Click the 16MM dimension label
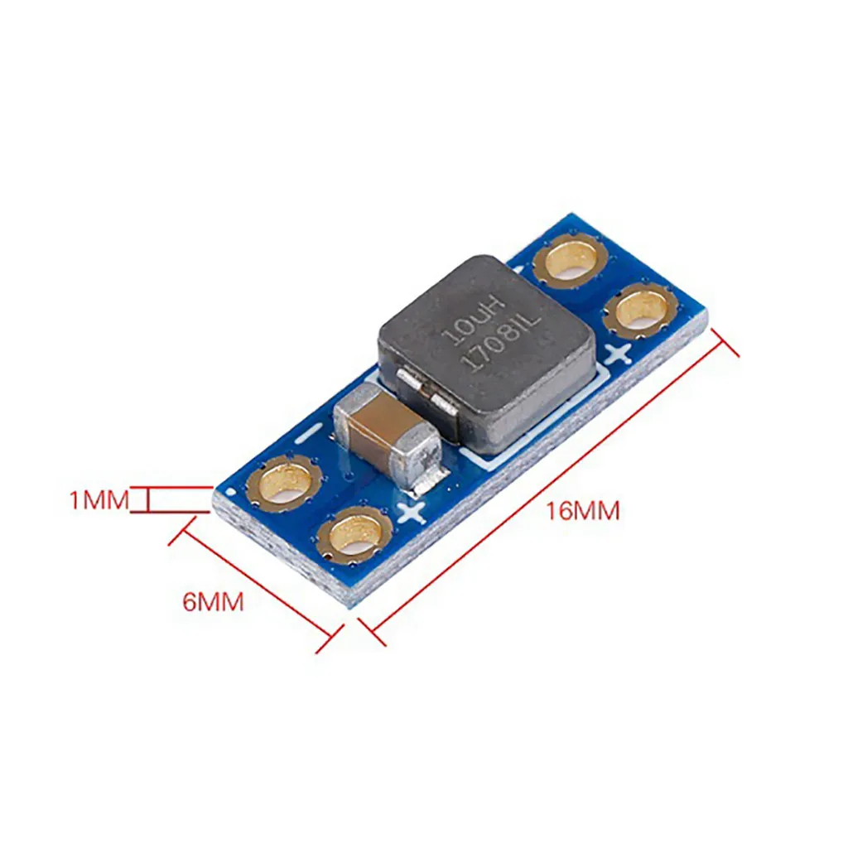pyautogui.click(x=582, y=511)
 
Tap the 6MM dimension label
pyautogui.click(x=214, y=601)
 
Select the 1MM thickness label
pyautogui.click(x=99, y=500)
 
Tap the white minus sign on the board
pyautogui.click(x=310, y=431)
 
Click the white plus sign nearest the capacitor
pyautogui.click(x=411, y=513)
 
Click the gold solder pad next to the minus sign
pyautogui.click(x=287, y=483)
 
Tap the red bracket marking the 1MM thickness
pyautogui.click(x=147, y=500)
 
